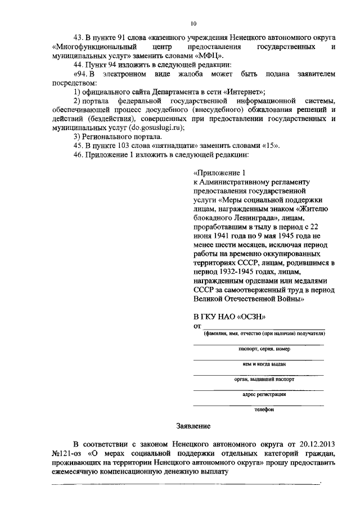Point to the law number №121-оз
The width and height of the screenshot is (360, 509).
pos(65,455)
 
